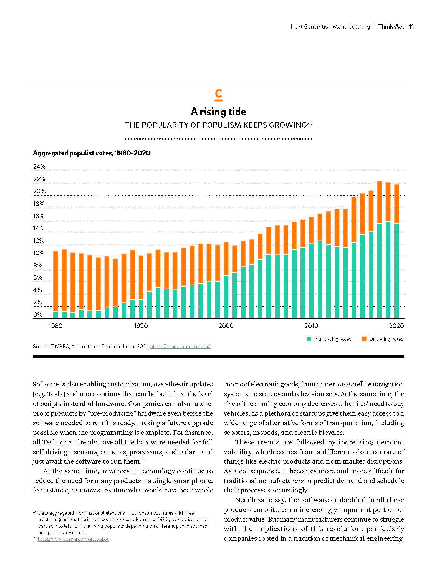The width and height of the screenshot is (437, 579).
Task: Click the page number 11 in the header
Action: pyautogui.click(x=411, y=27)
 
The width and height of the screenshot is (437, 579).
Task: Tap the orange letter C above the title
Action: pyautogui.click(x=219, y=94)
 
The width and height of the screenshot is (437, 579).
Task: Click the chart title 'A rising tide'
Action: pyautogui.click(x=218, y=112)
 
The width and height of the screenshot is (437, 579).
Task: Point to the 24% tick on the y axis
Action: pyautogui.click(x=39, y=167)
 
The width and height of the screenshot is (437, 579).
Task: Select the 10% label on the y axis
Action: pyautogui.click(x=39, y=253)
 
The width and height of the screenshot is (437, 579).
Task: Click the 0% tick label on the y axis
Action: pyautogui.click(x=38, y=315)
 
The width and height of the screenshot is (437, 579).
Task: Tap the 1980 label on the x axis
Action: pyautogui.click(x=55, y=326)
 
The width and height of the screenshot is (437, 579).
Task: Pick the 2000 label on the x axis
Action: pyautogui.click(x=226, y=326)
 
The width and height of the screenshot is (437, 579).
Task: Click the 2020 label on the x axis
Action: pyautogui.click(x=396, y=326)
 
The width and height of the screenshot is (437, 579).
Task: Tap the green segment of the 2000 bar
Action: pyautogui.click(x=226, y=297)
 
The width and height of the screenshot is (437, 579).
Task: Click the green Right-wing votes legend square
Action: pyautogui.click(x=309, y=339)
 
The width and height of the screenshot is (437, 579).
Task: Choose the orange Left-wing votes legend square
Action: pyautogui.click(x=364, y=339)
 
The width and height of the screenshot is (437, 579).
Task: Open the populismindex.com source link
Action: pyautogui.click(x=180, y=347)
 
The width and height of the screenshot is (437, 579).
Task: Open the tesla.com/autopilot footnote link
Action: pyautogui.click(x=73, y=539)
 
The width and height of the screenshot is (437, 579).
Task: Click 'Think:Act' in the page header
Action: pyautogui.click(x=391, y=27)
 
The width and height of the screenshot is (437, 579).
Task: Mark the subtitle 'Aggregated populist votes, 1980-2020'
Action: pyautogui.click(x=92, y=153)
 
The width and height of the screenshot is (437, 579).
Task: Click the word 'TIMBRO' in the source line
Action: pyautogui.click(x=60, y=347)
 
